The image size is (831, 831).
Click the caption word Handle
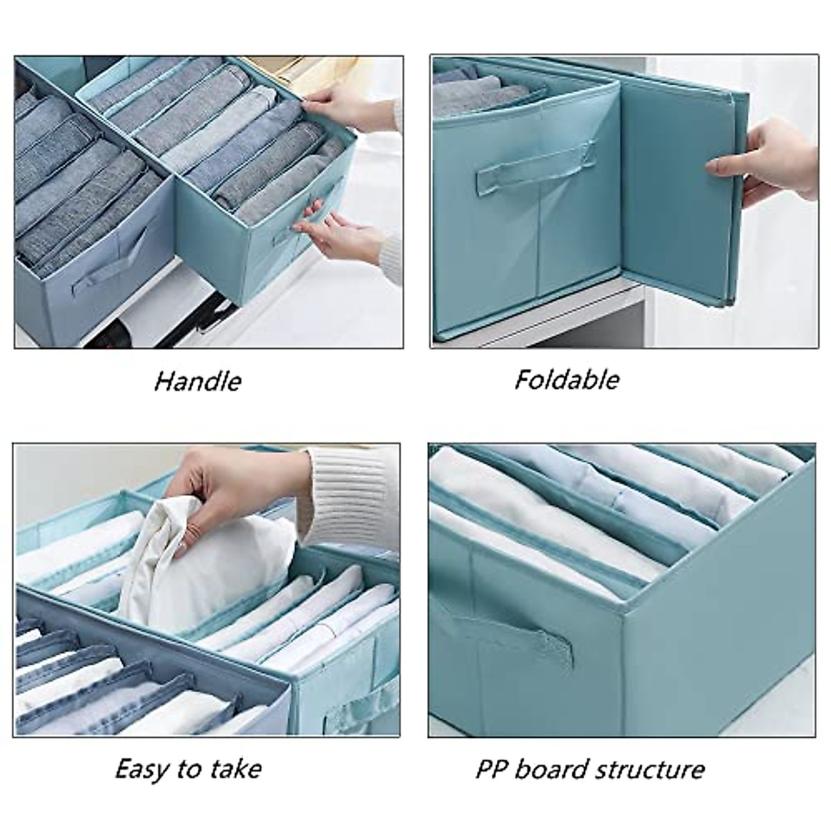coord(198,381)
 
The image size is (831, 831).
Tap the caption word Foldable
coord(566,379)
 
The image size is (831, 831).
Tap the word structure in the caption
coord(655,769)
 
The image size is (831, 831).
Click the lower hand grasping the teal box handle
coord(339,229)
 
